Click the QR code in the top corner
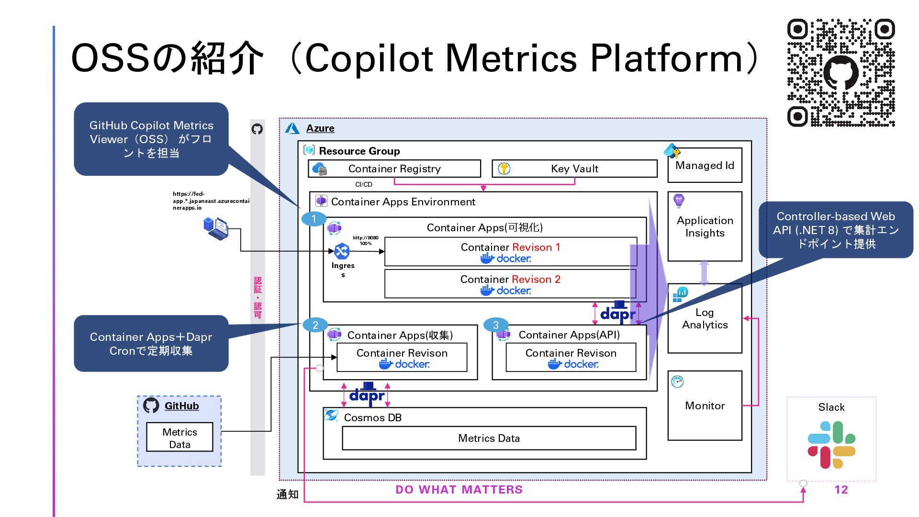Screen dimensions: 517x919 841,73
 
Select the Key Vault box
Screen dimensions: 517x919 574,169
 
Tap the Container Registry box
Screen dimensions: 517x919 394,169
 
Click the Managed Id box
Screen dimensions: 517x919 705,165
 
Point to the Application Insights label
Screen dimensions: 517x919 705,226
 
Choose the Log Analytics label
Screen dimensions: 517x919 705,318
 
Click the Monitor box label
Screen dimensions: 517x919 705,405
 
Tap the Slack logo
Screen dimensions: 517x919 831,445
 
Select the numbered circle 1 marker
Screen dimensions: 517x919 314,219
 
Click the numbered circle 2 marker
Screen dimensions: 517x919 315,326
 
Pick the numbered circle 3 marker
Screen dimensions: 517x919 496,325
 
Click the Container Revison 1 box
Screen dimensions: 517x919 510,252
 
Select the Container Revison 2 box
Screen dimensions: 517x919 510,284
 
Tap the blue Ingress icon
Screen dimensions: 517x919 342,251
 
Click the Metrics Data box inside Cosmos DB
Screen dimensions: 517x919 489,438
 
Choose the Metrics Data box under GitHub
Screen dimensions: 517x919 179,438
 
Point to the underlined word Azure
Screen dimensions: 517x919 320,128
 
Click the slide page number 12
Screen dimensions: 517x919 841,490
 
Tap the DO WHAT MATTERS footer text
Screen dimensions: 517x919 459,490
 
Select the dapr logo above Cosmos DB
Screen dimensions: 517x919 366,394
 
